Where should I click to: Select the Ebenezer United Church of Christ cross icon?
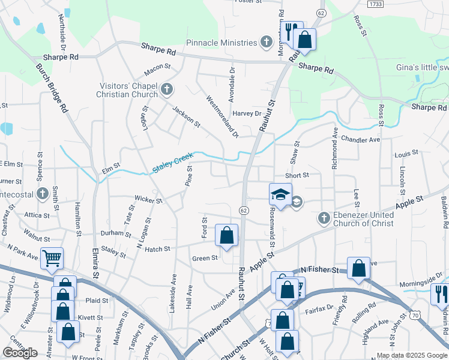[x=324, y=218]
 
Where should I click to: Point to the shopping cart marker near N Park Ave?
[x=52, y=258]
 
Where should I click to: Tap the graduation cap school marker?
[x=280, y=194]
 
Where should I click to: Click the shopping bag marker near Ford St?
[x=226, y=236]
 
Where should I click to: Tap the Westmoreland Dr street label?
[x=222, y=115]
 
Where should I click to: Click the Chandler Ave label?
[x=360, y=140]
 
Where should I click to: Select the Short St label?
[x=297, y=175]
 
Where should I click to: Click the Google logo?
[x=20, y=353]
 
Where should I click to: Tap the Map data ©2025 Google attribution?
[x=412, y=355]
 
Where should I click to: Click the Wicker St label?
[x=148, y=199]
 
